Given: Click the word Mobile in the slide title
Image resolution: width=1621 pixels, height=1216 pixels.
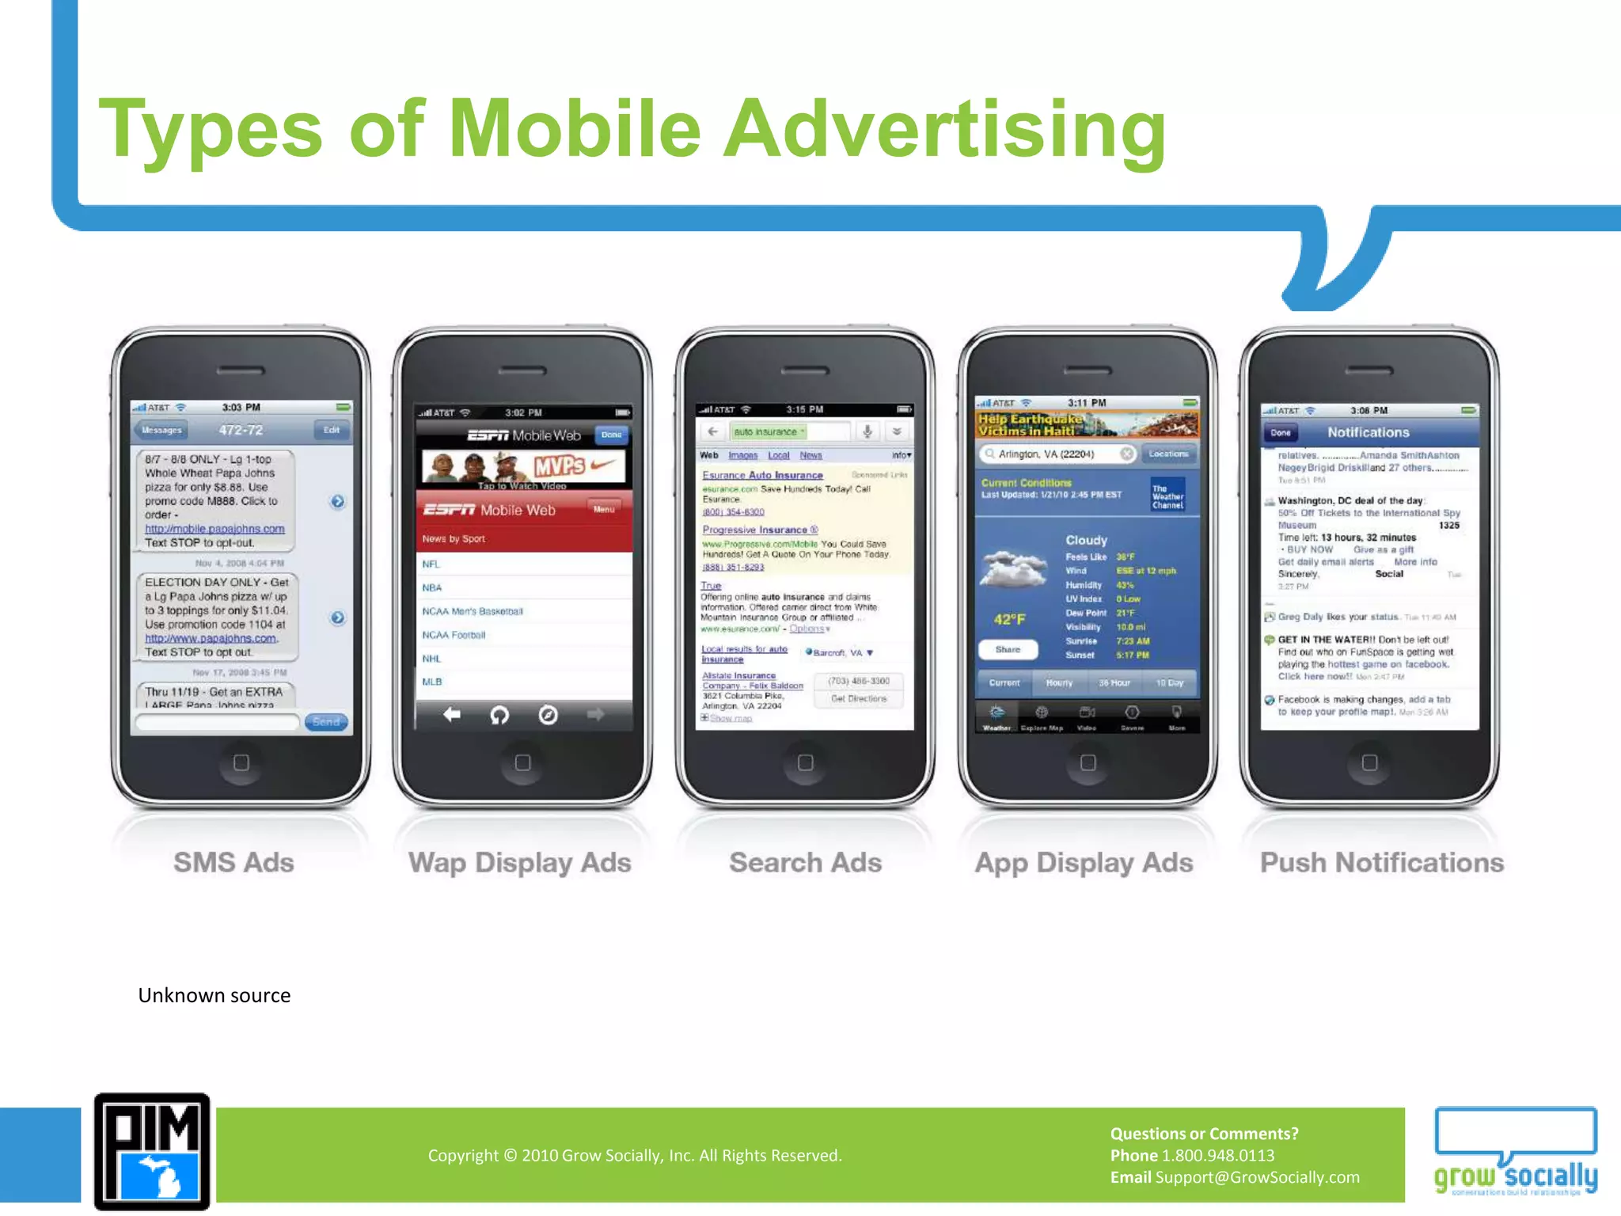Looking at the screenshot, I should point(575,129).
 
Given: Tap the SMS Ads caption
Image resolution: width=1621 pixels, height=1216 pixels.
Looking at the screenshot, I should point(233,862).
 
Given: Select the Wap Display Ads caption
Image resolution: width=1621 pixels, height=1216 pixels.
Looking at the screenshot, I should point(519,862).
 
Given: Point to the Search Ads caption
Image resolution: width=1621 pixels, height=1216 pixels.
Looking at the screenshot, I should point(805,862).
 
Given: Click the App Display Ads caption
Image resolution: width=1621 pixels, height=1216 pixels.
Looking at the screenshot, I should point(1084,862).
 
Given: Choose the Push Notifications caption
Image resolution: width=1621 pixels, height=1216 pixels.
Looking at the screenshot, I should point(1381,862).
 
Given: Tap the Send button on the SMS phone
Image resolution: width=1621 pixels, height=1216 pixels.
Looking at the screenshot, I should point(326,722).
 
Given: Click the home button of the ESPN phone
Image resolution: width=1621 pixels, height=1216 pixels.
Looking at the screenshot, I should point(522,762).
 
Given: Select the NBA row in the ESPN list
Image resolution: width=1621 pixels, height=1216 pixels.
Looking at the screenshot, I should point(432,587).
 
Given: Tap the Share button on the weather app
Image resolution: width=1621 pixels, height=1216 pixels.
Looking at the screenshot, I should point(1008,649).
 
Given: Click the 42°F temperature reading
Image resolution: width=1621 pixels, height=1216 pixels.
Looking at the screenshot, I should point(1009,619).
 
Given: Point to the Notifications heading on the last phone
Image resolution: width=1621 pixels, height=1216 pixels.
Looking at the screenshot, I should point(1368,432).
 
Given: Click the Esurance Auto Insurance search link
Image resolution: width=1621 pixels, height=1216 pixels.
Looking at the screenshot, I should point(762,475).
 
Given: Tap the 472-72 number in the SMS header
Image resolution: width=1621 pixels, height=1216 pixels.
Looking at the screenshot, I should point(241,430).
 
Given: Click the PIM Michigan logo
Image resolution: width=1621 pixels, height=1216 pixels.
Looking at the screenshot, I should point(152,1151).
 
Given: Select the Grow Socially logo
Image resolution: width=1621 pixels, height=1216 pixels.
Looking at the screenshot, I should point(1515,1153).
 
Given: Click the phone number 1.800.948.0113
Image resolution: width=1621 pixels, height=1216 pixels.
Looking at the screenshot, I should point(1217,1155).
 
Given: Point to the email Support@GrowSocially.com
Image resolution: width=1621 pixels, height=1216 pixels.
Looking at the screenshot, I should point(1257,1177).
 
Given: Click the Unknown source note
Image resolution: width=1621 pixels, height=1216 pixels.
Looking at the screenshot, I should point(214,995).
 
